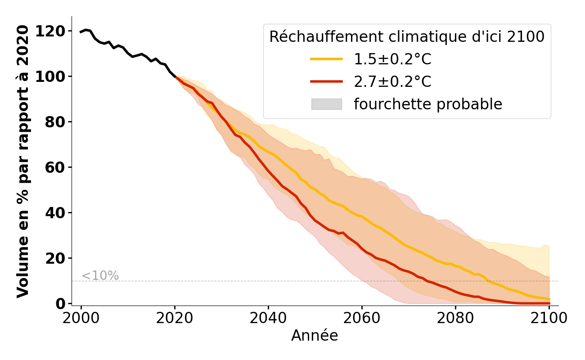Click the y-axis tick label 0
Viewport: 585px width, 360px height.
click(x=60, y=304)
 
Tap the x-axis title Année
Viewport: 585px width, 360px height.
click(x=315, y=336)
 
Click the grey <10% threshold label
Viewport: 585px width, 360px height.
click(x=100, y=276)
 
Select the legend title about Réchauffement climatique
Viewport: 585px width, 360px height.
click(x=407, y=37)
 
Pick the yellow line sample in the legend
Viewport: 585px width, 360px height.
click(x=326, y=59)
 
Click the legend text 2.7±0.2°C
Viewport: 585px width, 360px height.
click(x=392, y=82)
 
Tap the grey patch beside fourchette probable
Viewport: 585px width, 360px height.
click(x=326, y=104)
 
